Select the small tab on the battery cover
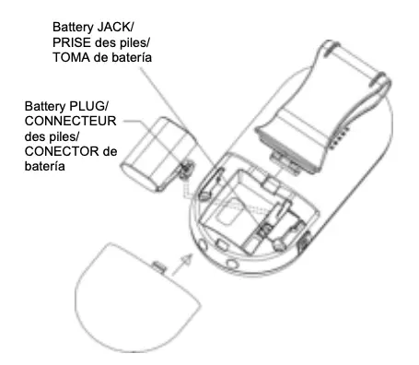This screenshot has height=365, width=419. [x=158, y=267]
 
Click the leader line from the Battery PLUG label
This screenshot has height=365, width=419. [x=134, y=121]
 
